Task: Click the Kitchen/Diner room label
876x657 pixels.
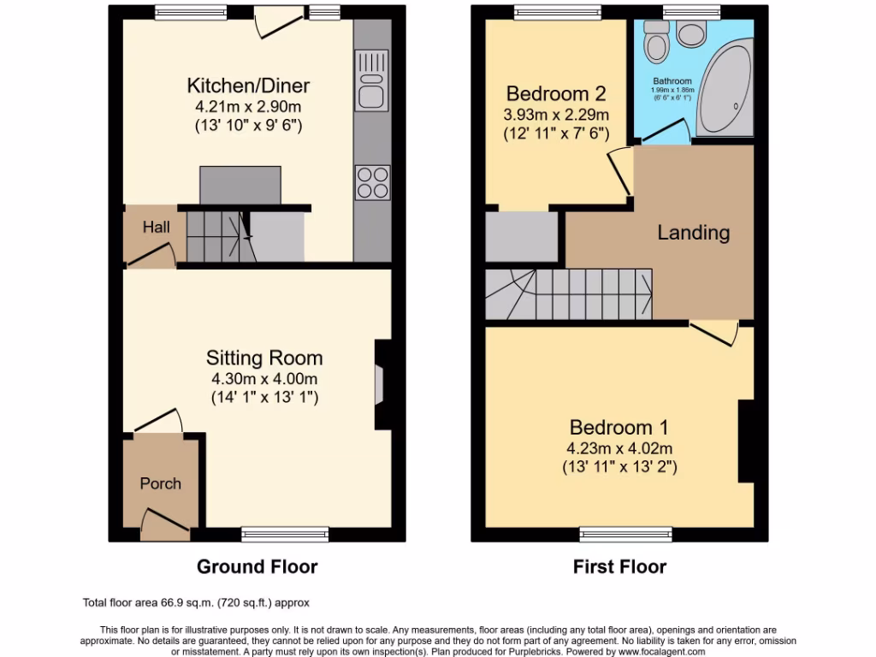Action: (248, 86)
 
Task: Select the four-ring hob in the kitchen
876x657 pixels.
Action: (372, 182)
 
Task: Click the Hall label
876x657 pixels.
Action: (156, 228)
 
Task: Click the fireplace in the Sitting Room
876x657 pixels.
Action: (380, 384)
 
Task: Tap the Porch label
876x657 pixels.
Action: (160, 483)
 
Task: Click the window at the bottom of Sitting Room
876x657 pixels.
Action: (285, 535)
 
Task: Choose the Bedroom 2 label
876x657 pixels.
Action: (556, 94)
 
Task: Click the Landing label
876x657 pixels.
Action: (693, 232)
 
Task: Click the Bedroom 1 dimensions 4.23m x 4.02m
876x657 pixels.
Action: (620, 448)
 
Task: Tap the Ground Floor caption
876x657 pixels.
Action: (257, 566)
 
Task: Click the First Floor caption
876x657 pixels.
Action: (619, 566)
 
